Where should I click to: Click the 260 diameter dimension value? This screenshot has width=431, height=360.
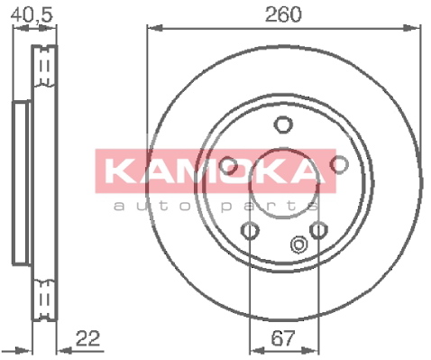[283, 14]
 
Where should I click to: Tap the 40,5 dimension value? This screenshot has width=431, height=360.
[32, 14]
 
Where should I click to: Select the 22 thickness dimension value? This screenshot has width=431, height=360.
[87, 338]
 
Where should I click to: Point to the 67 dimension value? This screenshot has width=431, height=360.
[283, 338]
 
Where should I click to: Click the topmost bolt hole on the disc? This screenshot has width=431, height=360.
[283, 125]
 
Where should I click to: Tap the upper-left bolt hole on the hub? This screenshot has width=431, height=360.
[228, 166]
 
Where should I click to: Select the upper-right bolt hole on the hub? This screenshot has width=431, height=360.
[339, 164]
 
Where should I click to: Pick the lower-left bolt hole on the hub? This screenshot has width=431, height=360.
[250, 230]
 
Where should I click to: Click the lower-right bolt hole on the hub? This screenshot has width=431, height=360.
[318, 230]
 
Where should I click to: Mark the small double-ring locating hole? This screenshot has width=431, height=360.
[298, 245]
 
